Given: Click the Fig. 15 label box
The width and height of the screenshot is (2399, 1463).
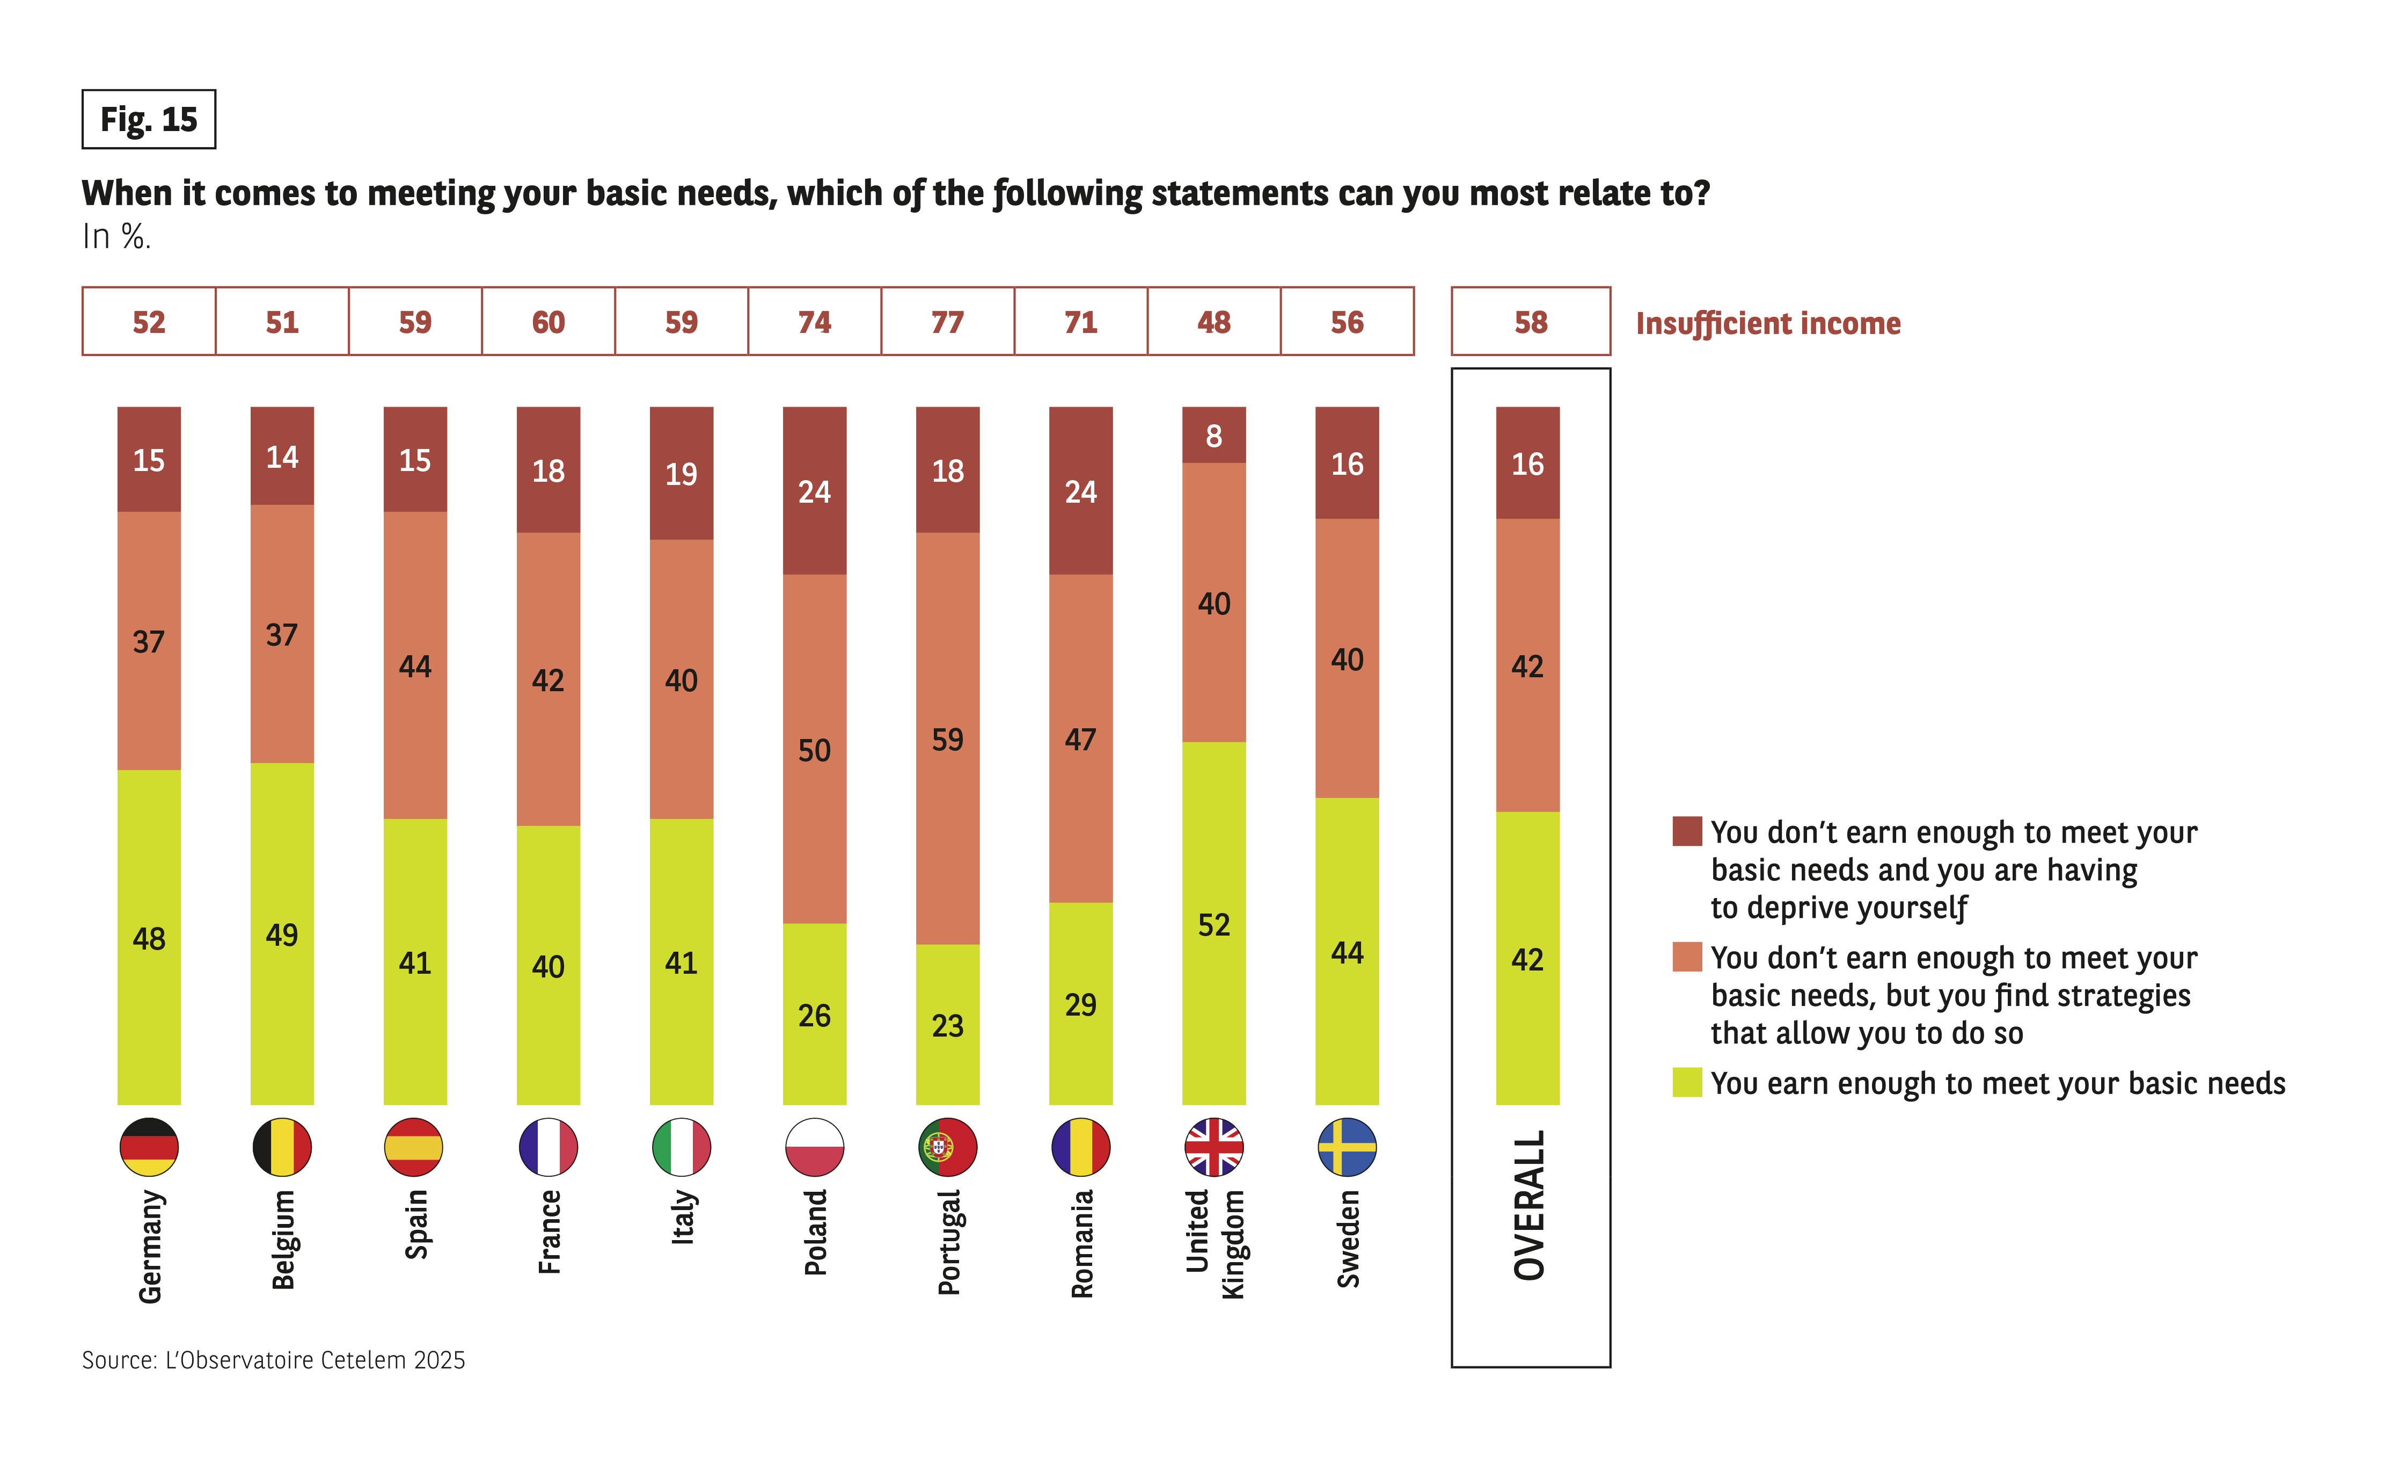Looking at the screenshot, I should (x=148, y=119).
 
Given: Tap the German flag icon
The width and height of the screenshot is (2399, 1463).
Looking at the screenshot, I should (x=149, y=1147).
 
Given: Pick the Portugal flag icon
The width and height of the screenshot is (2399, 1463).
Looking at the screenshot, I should (x=947, y=1147).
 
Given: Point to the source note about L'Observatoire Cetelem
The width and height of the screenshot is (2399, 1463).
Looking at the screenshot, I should (x=274, y=1360).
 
